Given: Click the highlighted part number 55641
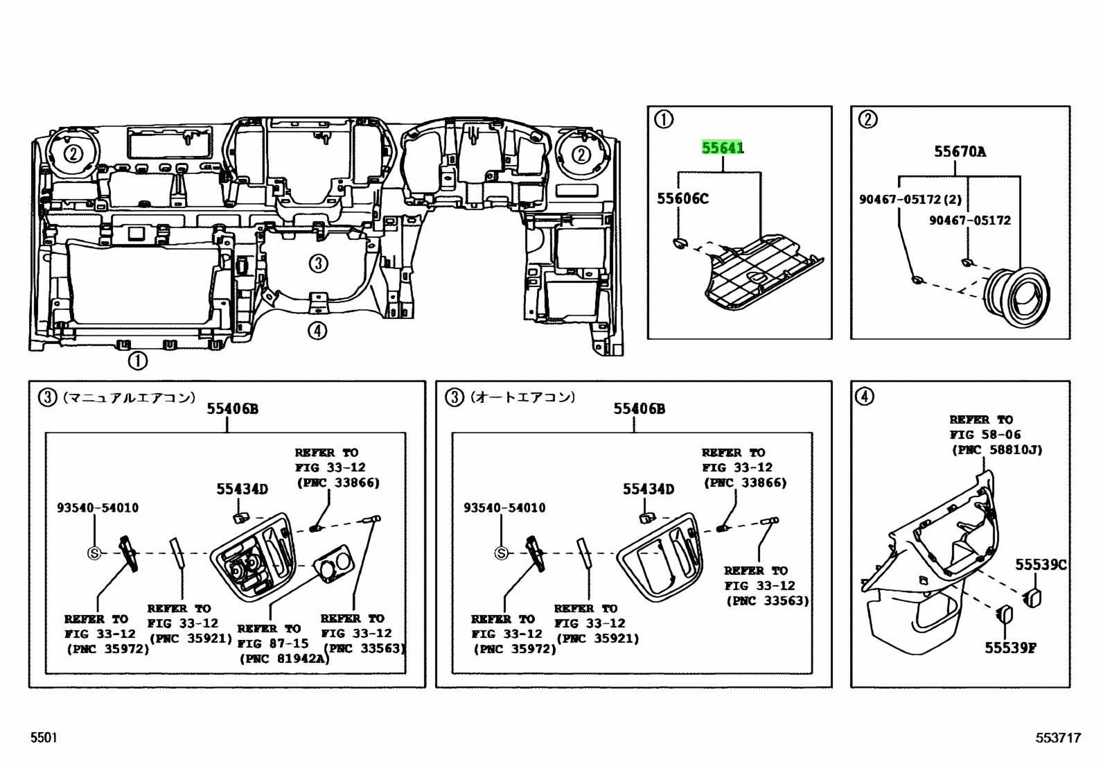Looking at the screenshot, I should click(x=723, y=148).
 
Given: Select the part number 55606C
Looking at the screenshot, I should click(x=682, y=199).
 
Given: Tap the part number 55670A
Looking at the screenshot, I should click(x=960, y=151).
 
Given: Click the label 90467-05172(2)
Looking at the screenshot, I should click(x=910, y=200).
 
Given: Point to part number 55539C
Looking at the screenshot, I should click(x=1041, y=565).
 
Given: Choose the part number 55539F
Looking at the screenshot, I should click(x=1011, y=648).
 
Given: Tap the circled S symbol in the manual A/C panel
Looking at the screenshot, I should click(x=94, y=553).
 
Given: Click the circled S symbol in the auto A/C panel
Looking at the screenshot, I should click(x=500, y=553).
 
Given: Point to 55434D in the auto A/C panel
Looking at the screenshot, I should click(x=648, y=490).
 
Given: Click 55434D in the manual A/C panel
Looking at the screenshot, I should click(x=241, y=490).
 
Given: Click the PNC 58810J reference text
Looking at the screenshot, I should click(x=997, y=450).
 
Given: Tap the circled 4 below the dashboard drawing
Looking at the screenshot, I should click(x=317, y=331).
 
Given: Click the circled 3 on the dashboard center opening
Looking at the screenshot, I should click(x=317, y=263).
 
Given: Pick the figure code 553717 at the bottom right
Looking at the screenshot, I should click(x=1058, y=738).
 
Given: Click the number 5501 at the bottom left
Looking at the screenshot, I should click(x=43, y=738).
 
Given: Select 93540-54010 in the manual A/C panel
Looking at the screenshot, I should click(x=98, y=508).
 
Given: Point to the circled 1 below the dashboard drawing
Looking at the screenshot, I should click(x=137, y=361).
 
